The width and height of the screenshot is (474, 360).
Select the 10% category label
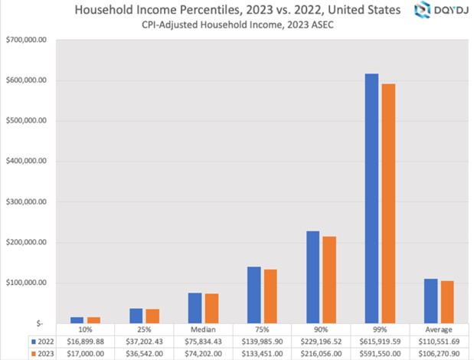[x=84, y=329]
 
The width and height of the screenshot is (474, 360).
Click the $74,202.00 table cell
[x=202, y=353]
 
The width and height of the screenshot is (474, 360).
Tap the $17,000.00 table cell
[x=84, y=353]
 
